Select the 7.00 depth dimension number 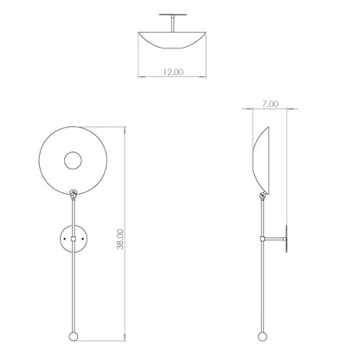click(x=270, y=104)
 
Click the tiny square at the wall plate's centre click(x=75, y=237)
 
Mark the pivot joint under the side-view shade click(x=262, y=197)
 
